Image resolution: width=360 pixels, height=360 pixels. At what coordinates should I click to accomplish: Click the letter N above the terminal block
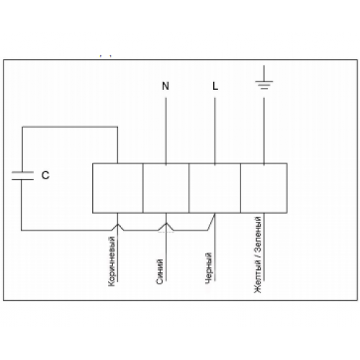tap(166, 86)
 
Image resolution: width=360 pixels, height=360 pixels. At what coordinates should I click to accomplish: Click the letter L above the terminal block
tap(215, 86)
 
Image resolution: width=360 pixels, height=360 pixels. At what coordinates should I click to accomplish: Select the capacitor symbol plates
tap(22, 176)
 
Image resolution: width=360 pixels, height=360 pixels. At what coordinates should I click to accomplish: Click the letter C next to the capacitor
tap(45, 176)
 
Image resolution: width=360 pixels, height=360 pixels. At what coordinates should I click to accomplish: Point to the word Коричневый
tap(112, 261)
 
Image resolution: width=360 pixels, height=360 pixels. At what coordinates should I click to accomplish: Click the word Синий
tap(160, 271)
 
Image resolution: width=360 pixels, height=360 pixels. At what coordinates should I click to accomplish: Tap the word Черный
tap(209, 268)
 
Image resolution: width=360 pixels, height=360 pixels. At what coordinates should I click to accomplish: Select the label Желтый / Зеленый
tap(258, 255)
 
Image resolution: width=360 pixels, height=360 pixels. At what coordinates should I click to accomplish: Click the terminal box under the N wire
tap(166, 188)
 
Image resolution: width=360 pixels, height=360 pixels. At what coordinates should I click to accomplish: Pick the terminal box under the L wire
tap(215, 188)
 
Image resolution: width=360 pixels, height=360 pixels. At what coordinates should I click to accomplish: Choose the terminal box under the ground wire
tap(264, 188)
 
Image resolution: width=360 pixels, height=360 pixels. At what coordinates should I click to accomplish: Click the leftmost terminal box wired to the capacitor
tap(117, 188)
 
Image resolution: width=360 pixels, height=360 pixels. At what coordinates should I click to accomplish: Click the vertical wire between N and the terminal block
tap(166, 131)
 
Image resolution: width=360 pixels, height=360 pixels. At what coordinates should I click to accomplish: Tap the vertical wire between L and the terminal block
tap(215, 131)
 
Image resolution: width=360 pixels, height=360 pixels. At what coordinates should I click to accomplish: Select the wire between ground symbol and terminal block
tap(264, 131)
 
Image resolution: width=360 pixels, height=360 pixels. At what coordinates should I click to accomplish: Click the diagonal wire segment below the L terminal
tap(211, 222)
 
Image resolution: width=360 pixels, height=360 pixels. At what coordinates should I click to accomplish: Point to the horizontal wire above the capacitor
tap(70, 127)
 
